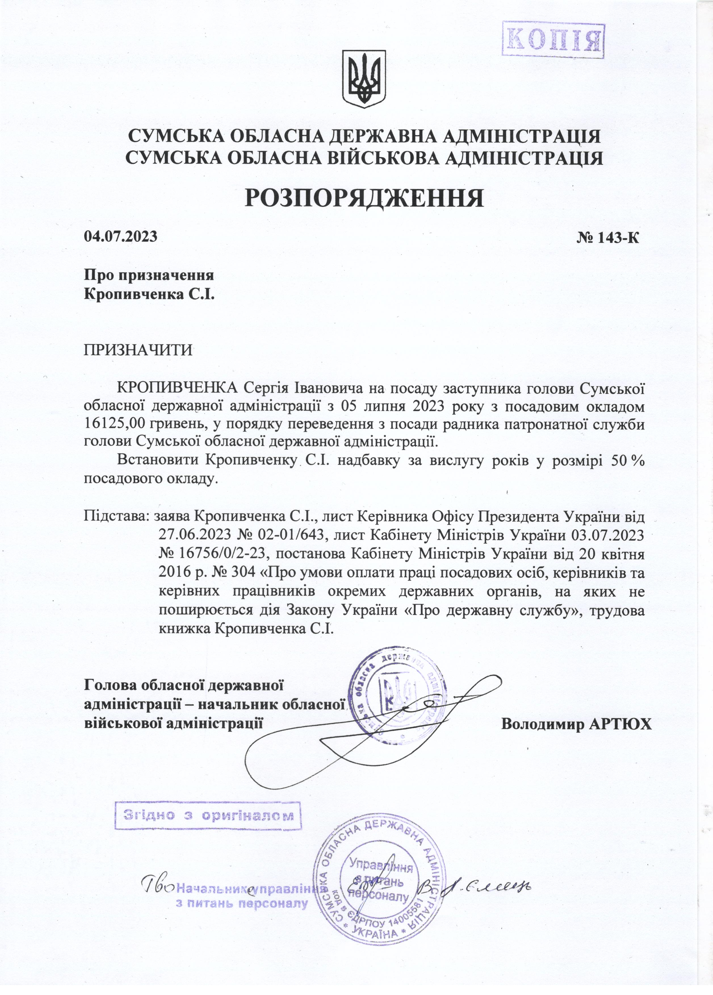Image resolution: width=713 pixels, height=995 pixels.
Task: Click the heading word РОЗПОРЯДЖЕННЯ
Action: pyautogui.click(x=364, y=197)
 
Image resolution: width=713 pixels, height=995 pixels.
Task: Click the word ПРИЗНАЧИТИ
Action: pyautogui.click(x=138, y=351)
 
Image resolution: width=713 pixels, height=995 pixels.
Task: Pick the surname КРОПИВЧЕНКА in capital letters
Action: pyautogui.click(x=179, y=388)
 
